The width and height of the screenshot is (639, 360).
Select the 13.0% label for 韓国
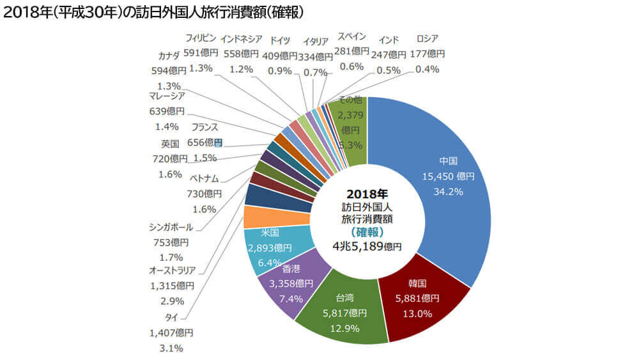pos(417,313)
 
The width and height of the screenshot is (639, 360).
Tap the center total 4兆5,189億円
pos(367,246)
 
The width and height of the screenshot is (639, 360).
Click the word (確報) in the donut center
pos(367,231)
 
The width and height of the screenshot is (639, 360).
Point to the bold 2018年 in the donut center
pos(367,193)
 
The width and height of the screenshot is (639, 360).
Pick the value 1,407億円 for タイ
pos(171,333)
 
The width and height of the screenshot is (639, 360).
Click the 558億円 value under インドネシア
pos(241,54)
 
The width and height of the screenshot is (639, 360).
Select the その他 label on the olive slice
pos(350,100)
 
